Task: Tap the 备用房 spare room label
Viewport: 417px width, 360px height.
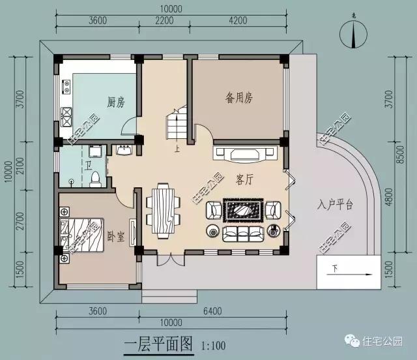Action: (239, 98)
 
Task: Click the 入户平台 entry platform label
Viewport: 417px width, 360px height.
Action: (336, 205)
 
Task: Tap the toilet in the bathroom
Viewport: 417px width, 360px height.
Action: (95, 176)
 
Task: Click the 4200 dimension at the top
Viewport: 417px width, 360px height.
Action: (238, 20)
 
